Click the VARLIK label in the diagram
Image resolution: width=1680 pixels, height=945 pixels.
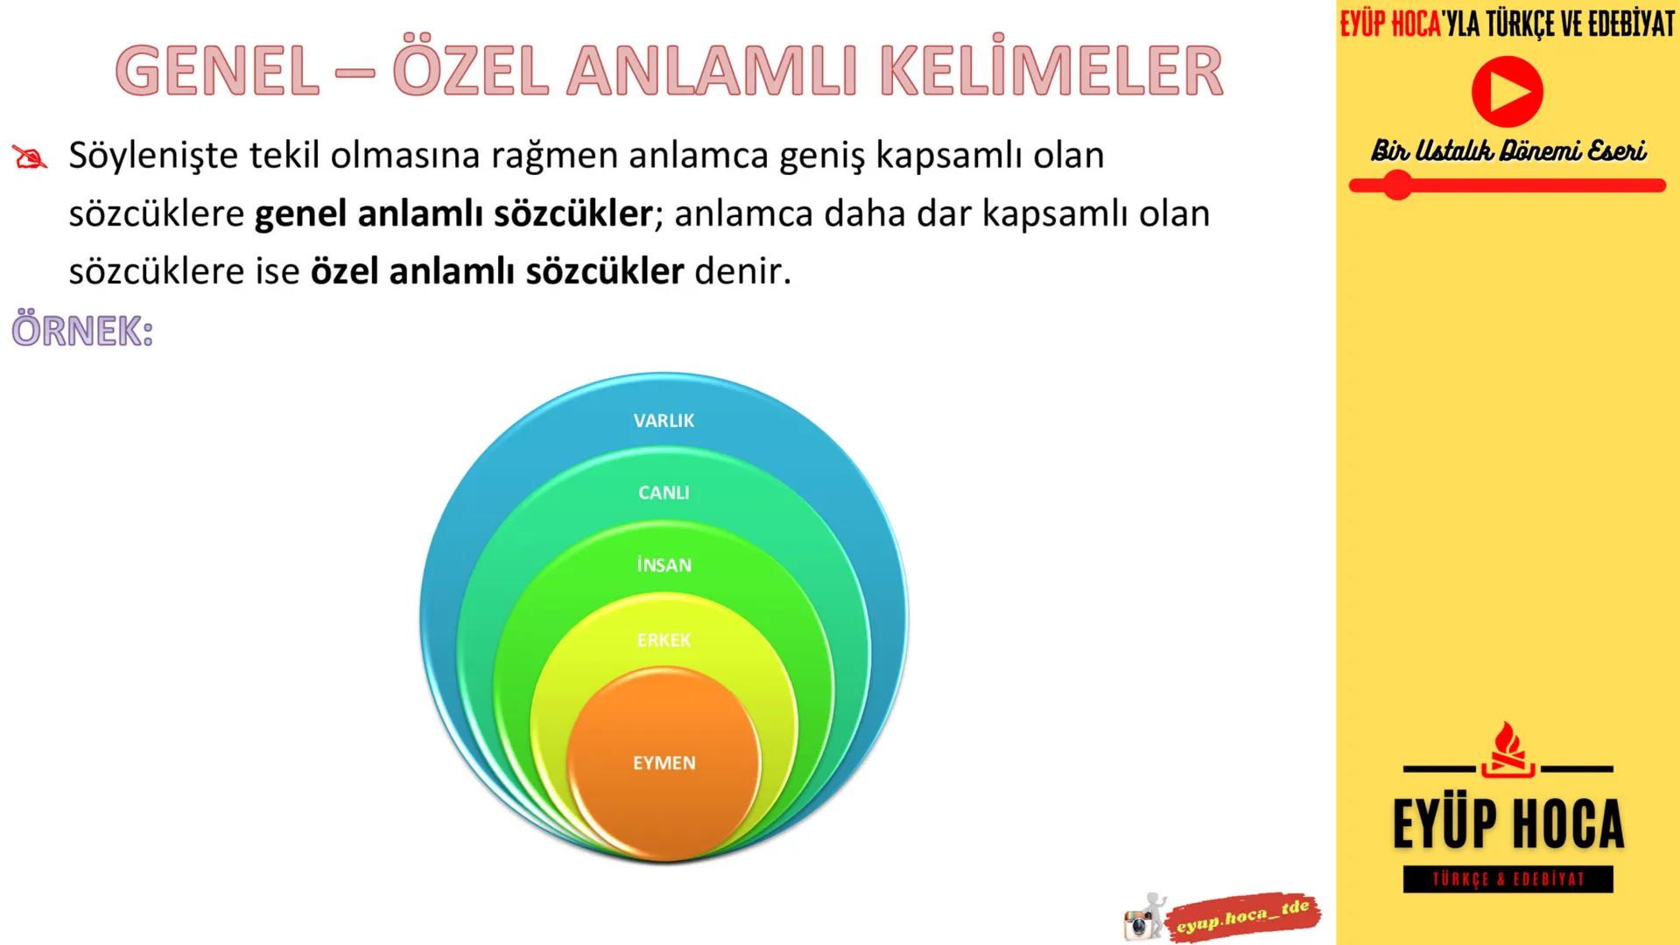point(664,421)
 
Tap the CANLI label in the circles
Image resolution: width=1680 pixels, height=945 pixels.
point(664,493)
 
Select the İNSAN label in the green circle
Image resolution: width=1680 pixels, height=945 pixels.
point(664,565)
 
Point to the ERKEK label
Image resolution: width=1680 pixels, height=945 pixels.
point(664,640)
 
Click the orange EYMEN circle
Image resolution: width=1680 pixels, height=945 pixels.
point(664,763)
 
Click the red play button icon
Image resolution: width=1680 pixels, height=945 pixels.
point(1507,92)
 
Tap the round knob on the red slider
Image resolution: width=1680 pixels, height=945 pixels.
point(1397,185)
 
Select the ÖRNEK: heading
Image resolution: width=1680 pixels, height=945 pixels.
point(82,332)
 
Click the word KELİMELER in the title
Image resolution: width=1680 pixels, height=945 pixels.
point(1051,72)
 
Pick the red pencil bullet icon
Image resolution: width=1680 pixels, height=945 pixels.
point(30,157)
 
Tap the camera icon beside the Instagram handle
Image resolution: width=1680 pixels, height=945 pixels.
point(1139,923)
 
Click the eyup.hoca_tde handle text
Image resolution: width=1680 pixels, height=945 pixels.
point(1243,917)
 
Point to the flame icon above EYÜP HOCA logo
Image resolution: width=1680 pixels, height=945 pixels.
point(1508,749)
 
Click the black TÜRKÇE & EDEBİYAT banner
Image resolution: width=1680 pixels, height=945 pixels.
point(1508,879)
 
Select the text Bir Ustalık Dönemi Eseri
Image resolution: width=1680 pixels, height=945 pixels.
point(1508,150)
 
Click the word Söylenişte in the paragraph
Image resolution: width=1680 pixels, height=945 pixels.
point(153,156)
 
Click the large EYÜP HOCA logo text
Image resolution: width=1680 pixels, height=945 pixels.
point(1508,824)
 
